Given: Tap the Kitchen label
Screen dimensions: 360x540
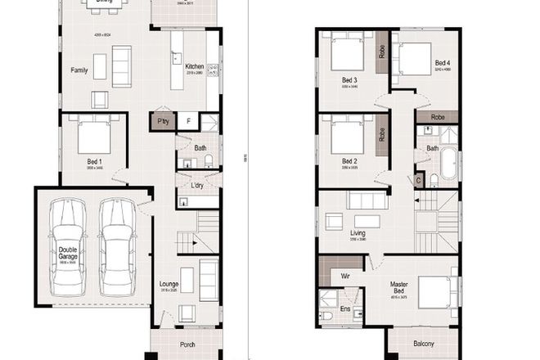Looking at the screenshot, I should (194, 66).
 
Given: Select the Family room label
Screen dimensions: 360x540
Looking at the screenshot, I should (79, 70).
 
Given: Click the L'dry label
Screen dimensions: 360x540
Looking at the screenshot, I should (196, 187).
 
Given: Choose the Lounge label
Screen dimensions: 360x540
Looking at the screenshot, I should (169, 285).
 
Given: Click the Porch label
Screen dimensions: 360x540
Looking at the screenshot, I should (186, 344).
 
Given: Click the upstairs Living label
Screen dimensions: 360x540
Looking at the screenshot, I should (358, 233).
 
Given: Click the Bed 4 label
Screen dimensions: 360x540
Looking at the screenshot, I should (442, 62).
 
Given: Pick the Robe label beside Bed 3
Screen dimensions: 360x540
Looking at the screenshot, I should (381, 52).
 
